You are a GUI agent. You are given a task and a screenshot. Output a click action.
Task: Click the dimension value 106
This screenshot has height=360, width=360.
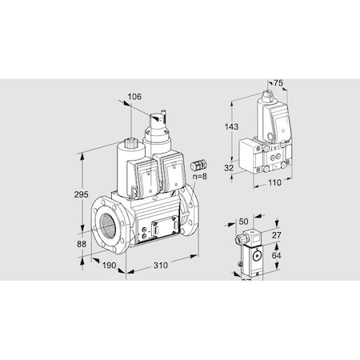coord(134,98)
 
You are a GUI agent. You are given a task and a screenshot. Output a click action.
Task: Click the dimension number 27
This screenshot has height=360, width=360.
coord(278,236)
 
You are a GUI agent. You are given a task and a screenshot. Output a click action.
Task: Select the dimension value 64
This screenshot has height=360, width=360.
coord(278,255)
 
